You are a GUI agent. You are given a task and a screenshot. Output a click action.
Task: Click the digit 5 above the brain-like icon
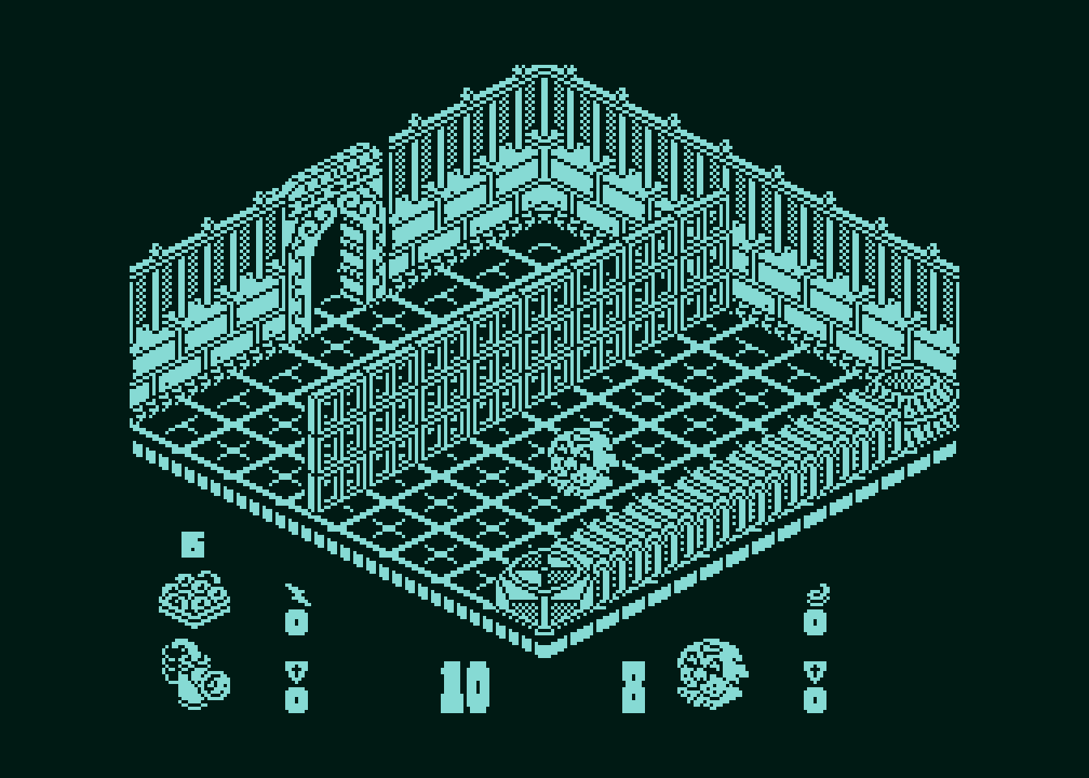tap(194, 544)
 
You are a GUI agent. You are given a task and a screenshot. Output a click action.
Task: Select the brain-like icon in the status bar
tap(194, 599)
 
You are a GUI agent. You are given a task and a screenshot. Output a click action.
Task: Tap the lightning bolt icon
tap(297, 594)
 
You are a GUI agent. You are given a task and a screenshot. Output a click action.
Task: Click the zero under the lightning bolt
tap(297, 622)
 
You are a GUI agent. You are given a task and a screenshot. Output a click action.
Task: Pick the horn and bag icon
tap(195, 674)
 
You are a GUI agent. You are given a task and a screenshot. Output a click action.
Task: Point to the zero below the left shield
tap(297, 700)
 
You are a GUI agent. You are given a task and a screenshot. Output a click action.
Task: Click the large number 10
tap(464, 687)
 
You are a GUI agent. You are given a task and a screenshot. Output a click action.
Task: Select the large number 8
tap(634, 687)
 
